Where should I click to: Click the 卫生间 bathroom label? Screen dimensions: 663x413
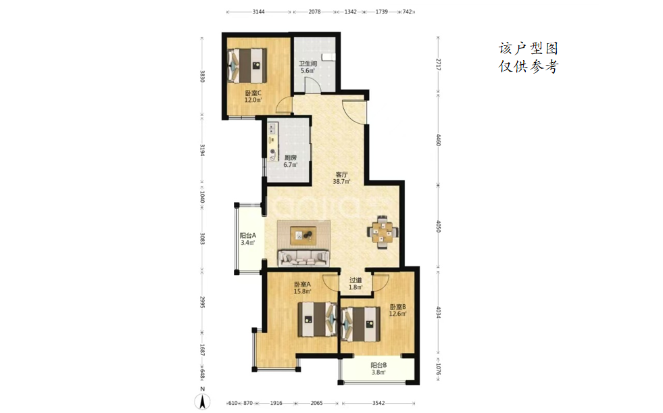pos(308,64)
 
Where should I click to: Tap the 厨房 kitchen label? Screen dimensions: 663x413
pos(290,157)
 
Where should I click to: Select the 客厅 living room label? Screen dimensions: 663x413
pos(341,174)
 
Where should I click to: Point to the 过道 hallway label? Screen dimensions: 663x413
pos(355,281)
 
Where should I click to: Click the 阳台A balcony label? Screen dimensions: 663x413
pos(248,236)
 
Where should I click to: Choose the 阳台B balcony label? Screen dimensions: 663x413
pos(379,365)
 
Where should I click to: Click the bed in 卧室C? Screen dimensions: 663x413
pos(247,66)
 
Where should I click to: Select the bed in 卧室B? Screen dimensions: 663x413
pos(360,324)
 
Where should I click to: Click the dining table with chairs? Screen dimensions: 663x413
pos(383,232)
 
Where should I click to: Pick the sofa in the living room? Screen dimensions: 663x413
pos(303,258)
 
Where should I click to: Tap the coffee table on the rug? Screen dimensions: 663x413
pos(303,235)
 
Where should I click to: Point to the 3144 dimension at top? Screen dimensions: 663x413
pos(259,12)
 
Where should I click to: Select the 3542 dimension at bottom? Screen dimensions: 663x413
pos(378,404)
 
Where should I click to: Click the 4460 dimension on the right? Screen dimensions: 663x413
pos(439,140)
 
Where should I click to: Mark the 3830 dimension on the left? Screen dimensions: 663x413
pos(202,76)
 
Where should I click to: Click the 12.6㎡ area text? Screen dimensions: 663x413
pos(398,314)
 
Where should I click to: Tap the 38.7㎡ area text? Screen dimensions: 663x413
pos(341,182)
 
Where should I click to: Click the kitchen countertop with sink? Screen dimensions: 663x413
pos(273,142)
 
